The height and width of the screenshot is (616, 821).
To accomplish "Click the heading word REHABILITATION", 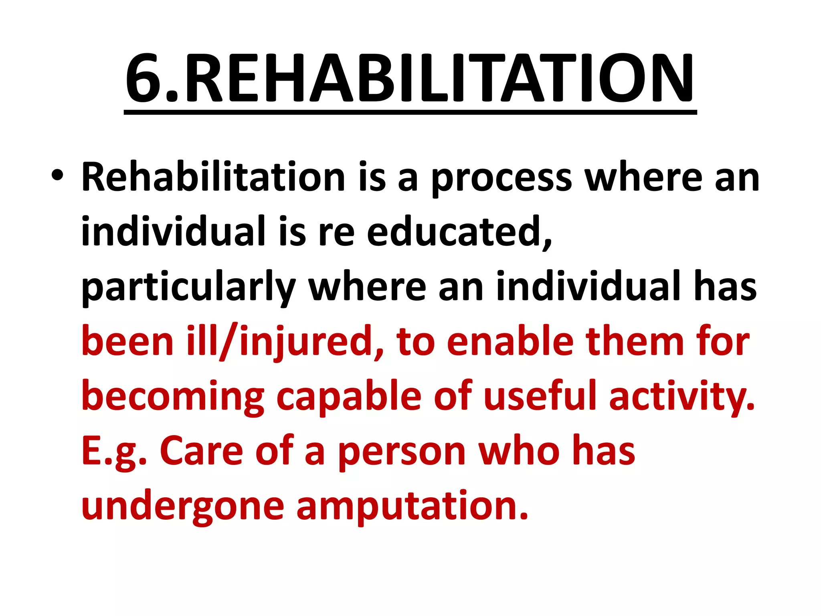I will click(439, 78).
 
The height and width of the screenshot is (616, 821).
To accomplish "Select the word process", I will click(501, 178).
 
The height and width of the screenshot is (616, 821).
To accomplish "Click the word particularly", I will click(188, 288).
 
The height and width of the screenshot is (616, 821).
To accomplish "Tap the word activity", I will click(681, 397).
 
